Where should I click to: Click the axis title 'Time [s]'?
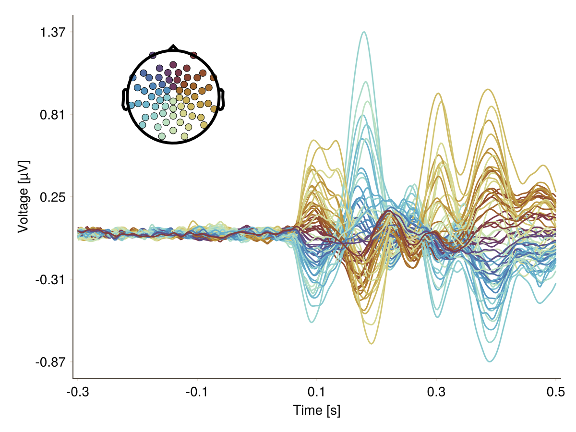pos(316,410)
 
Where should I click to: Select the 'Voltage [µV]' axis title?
pos(23,197)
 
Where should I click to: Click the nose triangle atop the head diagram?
pos(173,48)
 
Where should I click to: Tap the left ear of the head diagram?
pos(124,100)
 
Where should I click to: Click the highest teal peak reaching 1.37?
pos(364,32)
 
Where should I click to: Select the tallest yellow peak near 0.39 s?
pos(488,89)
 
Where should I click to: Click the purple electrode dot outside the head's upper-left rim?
pos(153,55)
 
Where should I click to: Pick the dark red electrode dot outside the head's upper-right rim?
pos(193,55)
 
